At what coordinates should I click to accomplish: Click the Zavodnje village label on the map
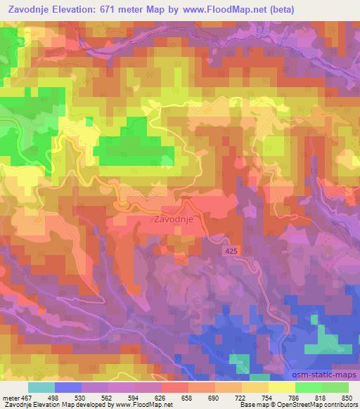[x=172, y=219]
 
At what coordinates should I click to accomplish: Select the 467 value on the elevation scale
[x=27, y=397]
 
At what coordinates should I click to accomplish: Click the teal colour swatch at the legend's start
[x=41, y=387]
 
